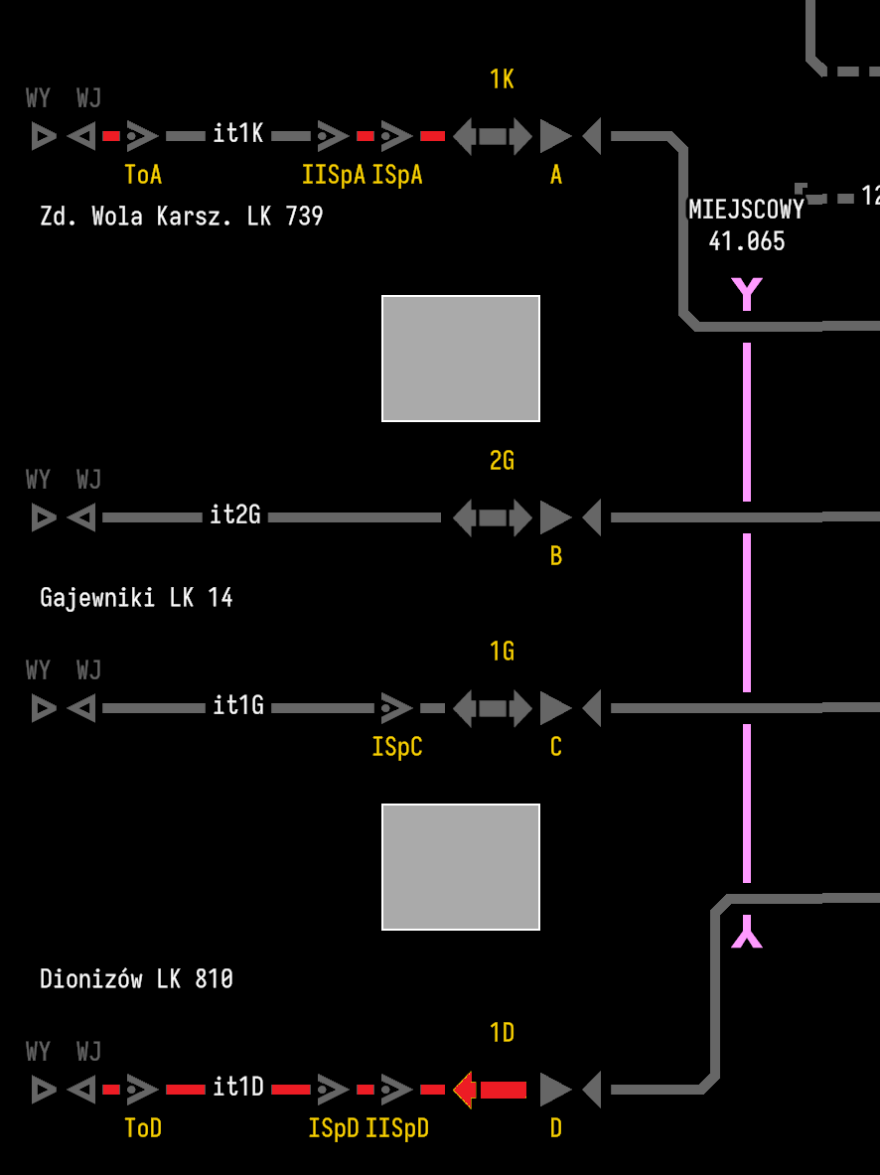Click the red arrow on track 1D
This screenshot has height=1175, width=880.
pyautogui.click(x=491, y=1090)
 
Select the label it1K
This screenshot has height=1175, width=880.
pyautogui.click(x=238, y=134)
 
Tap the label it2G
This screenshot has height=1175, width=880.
pyautogui.click(x=235, y=515)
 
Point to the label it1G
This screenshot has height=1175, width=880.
pyautogui.click(x=238, y=706)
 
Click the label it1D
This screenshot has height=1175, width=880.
pyautogui.click(x=238, y=1088)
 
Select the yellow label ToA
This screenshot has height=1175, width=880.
pyautogui.click(x=143, y=175)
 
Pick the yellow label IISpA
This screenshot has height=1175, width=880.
pyautogui.click(x=334, y=175)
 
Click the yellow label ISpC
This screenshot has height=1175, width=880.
pyautogui.click(x=397, y=747)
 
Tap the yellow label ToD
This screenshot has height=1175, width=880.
pyautogui.click(x=143, y=1128)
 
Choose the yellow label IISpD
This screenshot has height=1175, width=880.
pyautogui.click(x=397, y=1128)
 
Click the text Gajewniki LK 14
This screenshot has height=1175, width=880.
pyautogui.click(x=136, y=598)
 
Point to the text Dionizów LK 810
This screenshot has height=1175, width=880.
pyautogui.click(x=136, y=979)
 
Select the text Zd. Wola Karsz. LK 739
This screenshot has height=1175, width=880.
pyautogui.click(x=182, y=217)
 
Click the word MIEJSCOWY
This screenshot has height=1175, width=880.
pyautogui.click(x=746, y=211)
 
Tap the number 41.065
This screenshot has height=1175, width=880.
pyautogui.click(x=746, y=241)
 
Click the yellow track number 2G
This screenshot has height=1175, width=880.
pyautogui.click(x=502, y=461)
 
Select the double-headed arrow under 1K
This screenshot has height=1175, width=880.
pyautogui.click(x=493, y=136)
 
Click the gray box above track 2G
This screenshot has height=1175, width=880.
pyautogui.click(x=461, y=359)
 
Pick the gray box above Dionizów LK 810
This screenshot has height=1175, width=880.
pyautogui.click(x=461, y=867)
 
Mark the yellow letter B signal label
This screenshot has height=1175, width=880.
pyautogui.click(x=556, y=556)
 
